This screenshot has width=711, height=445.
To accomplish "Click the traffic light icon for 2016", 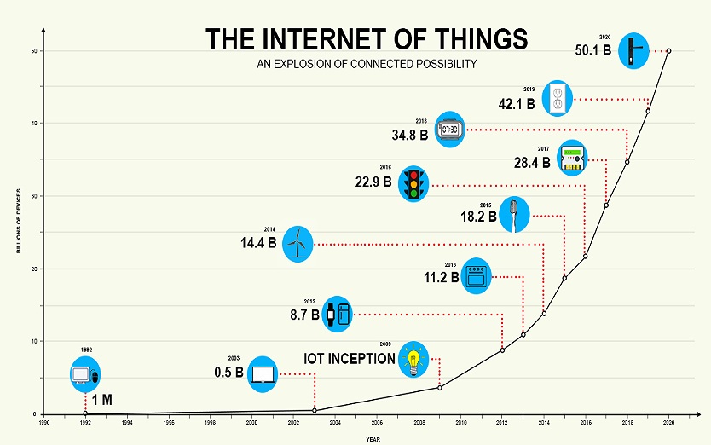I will (x=414, y=184).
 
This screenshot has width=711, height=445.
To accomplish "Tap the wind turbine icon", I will (x=297, y=244).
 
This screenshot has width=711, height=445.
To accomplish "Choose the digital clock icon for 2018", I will (x=449, y=130).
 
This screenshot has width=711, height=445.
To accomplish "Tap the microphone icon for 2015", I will (x=514, y=214).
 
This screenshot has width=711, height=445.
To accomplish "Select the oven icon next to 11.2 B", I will (x=476, y=277).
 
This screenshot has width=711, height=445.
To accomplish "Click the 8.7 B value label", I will (x=304, y=315).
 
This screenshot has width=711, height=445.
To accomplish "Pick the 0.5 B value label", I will (x=228, y=373).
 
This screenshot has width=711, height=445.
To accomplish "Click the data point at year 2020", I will (x=668, y=51).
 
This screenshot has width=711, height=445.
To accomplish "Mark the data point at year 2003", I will (x=315, y=410).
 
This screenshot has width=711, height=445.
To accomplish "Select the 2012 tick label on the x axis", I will (x=502, y=422).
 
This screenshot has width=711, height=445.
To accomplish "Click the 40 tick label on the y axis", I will (x=33, y=124).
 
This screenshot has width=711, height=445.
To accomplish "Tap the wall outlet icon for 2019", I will (x=558, y=99).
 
